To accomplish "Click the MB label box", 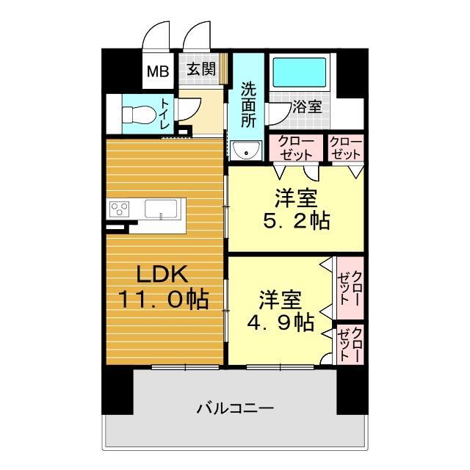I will [x=157, y=71].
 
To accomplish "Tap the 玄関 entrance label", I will [x=199, y=70].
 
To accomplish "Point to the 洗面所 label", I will [x=247, y=106].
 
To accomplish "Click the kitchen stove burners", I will [x=120, y=209].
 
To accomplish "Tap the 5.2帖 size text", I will [x=297, y=220].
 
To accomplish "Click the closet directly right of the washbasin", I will [x=297, y=148].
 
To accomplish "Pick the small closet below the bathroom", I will [x=346, y=148].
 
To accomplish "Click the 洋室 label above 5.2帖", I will [x=297, y=196].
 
